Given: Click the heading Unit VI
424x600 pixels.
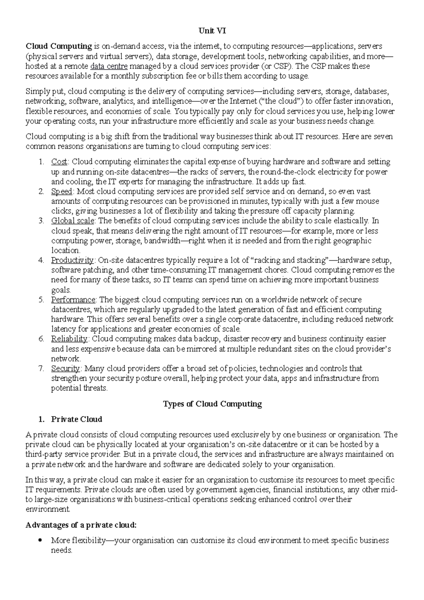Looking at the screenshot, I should pos(212,31).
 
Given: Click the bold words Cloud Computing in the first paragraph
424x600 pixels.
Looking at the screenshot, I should pos(59,46).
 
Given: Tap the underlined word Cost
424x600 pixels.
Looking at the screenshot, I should pos(59,162).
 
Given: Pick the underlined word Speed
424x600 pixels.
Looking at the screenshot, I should pos(62,192).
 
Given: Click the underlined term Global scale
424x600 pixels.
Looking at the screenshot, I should pos(73,221).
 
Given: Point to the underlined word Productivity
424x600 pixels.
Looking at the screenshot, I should pos(72,260).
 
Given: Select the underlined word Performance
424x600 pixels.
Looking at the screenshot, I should pos(73,300).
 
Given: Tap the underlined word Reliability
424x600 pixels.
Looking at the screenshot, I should pos(69,339).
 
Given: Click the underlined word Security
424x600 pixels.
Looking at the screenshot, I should pos(66,369).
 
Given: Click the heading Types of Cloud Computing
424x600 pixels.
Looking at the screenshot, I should pos(212,404).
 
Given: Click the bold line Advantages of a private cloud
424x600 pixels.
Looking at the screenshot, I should pos(81,525).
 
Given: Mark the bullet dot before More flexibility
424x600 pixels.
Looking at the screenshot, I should pos(41,540).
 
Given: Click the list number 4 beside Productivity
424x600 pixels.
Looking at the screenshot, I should pos(41,260).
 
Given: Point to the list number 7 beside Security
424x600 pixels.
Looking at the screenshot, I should pos(41,369).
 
